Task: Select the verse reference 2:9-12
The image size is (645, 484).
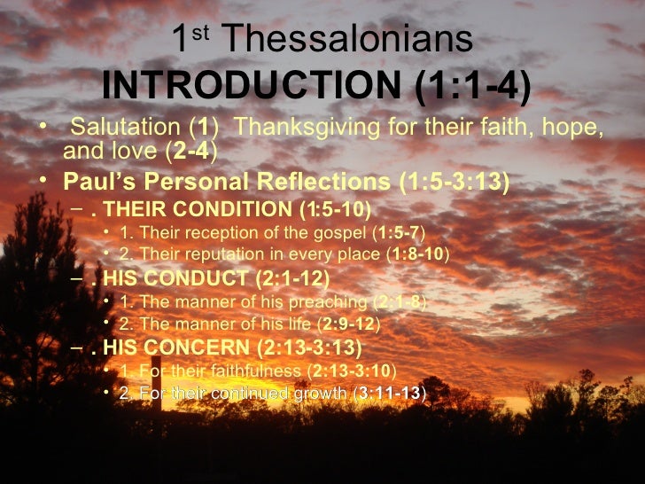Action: [x=349, y=324]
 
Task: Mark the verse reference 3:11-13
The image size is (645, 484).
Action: [x=390, y=392]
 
